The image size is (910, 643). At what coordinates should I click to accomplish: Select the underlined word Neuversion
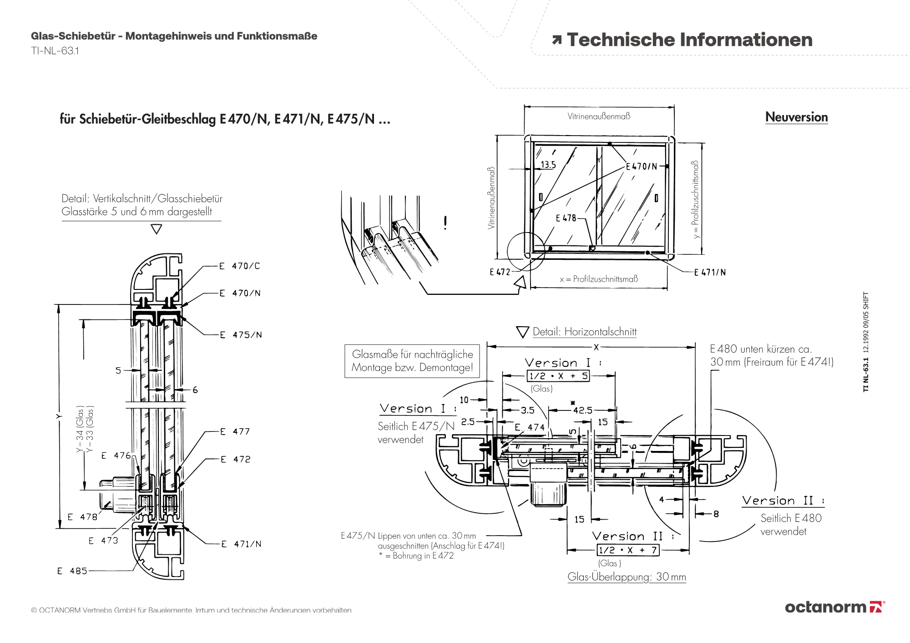tap(796, 117)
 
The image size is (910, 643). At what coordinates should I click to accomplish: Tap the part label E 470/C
tap(239, 266)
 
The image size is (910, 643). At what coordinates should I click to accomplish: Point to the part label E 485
tap(72, 571)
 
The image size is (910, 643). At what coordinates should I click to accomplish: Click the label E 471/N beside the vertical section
tap(241, 544)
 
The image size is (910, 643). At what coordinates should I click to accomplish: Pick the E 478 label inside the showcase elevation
tap(566, 218)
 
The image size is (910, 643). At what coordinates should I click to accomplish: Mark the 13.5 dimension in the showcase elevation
tap(548, 165)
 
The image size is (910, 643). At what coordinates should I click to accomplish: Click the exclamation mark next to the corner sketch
tap(445, 223)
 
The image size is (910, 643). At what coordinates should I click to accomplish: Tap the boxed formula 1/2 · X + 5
tap(558, 376)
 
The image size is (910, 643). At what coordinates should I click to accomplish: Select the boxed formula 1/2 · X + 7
tap(628, 550)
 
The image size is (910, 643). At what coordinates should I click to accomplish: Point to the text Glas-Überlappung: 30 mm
tap(627, 577)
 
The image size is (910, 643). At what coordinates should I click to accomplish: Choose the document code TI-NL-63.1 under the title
tap(55, 51)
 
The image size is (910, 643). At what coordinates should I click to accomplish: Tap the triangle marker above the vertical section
tap(156, 229)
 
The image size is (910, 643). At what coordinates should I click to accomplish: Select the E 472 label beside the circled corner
tap(500, 272)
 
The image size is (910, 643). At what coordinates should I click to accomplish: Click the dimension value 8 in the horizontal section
tap(716, 514)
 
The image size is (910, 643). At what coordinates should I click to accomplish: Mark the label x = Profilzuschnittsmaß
tap(599, 279)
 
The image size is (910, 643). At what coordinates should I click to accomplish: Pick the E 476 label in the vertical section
tap(116, 456)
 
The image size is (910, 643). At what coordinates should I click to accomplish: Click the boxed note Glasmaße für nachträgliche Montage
tap(412, 361)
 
